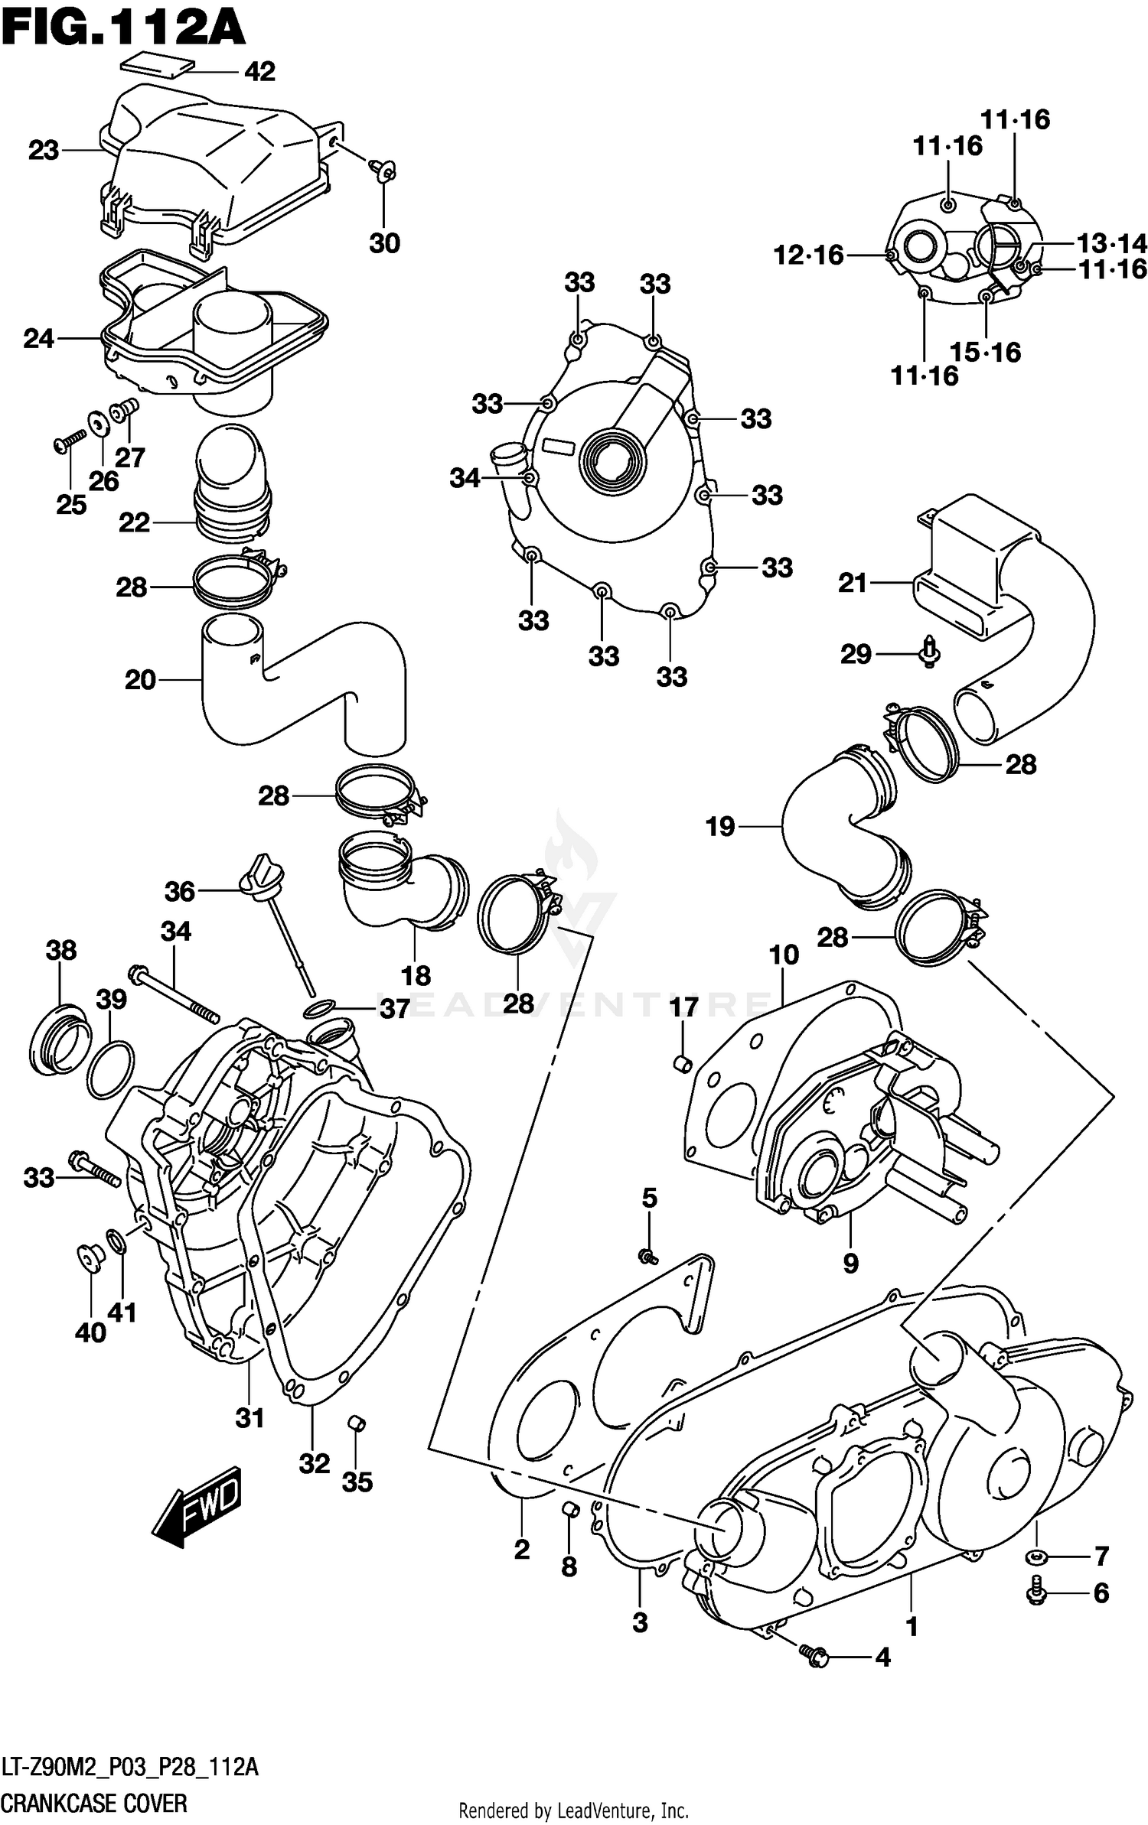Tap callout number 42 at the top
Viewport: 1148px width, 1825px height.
tap(259, 72)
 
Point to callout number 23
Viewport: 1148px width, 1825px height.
tap(44, 151)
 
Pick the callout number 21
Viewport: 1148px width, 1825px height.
tap(852, 584)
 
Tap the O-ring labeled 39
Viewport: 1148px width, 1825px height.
tap(111, 1069)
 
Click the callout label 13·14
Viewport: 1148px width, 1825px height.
tap(1111, 244)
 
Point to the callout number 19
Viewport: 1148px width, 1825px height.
tap(719, 826)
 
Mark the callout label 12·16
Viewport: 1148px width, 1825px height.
tap(808, 255)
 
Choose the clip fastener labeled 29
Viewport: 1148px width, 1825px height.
tap(929, 652)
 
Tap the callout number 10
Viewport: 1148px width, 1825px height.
tap(784, 955)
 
